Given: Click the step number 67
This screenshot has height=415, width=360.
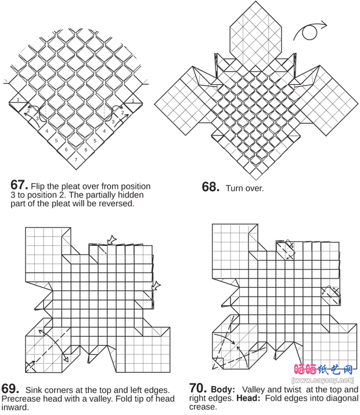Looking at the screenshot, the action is tap(19, 185).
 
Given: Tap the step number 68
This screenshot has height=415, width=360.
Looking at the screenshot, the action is tap(211, 187).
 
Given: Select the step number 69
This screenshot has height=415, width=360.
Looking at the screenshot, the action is tap(10, 389).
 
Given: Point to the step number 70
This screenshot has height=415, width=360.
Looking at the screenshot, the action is tap(198, 388).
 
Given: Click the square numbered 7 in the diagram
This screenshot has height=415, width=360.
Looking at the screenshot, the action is tap(76, 160).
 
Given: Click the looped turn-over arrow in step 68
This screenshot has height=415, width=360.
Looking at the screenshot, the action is tap(310, 31).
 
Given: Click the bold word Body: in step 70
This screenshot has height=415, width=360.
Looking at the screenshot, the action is tap(223, 389).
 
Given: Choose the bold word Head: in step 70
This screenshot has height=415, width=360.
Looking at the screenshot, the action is tap(249, 398).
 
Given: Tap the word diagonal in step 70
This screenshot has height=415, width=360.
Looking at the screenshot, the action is tap(343, 398).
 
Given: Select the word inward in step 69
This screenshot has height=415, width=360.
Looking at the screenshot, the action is tap(15, 407).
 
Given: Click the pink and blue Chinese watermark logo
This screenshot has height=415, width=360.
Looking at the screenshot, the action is tap(323, 370).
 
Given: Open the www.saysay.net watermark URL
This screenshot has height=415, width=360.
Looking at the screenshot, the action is tap(322, 381).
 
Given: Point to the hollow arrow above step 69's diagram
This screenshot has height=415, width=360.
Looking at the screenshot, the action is tap(112, 240).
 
